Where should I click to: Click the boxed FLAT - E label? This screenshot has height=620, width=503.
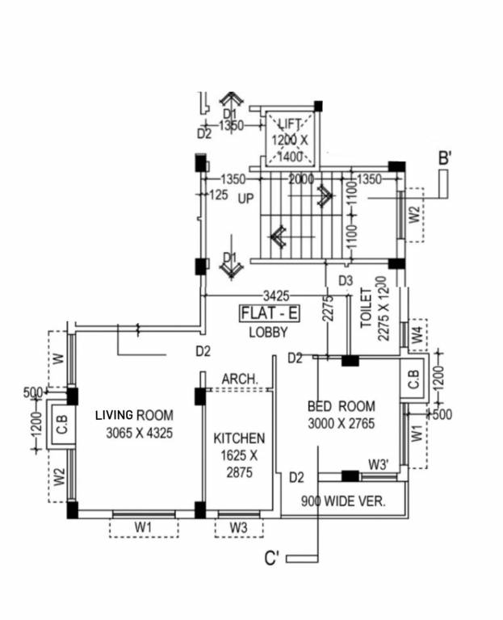(268, 313)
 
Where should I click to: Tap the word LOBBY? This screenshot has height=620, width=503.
(268, 331)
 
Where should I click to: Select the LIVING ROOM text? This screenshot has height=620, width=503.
(134, 415)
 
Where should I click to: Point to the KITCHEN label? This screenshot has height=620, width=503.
(239, 438)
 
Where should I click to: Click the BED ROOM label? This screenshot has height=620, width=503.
(341, 406)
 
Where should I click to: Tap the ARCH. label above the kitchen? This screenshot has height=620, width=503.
(239, 379)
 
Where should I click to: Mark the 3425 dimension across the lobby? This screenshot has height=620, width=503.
(274, 296)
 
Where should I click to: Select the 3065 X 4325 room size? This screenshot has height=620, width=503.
(140, 433)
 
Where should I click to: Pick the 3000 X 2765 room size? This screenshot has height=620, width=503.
(341, 424)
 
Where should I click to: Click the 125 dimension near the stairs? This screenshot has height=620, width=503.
(218, 195)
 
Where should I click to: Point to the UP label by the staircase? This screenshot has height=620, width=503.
(245, 198)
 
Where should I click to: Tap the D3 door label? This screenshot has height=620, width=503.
(346, 280)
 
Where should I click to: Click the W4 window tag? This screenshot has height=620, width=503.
(416, 334)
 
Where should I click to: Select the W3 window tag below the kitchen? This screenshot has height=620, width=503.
(238, 527)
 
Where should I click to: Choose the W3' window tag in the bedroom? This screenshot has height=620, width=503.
(379, 464)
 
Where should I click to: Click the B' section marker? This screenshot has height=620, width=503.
(444, 159)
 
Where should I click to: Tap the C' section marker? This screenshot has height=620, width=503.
(272, 559)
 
